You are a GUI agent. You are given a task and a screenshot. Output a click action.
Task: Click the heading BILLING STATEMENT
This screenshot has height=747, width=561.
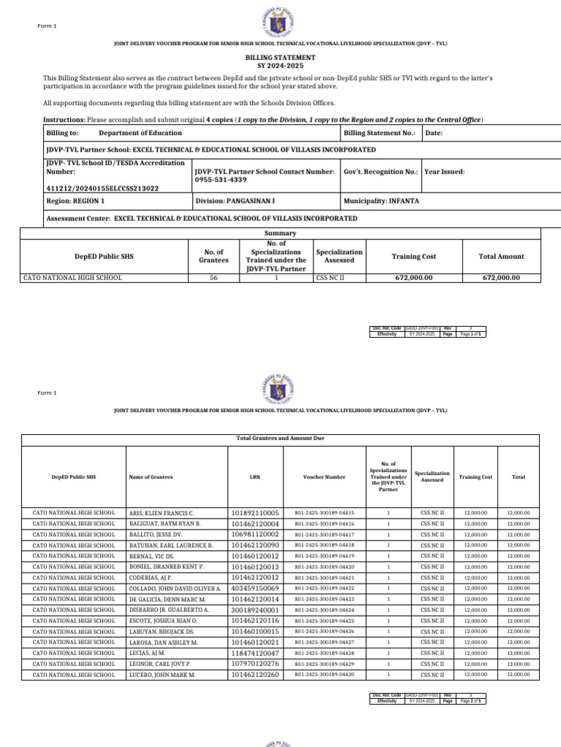point(280,57)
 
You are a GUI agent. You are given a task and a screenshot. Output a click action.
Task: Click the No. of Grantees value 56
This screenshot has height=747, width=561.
point(213,278)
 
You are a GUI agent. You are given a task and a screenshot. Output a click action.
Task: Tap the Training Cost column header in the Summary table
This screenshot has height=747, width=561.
point(413,256)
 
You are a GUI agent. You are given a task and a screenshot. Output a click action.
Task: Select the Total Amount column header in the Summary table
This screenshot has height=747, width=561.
point(501,256)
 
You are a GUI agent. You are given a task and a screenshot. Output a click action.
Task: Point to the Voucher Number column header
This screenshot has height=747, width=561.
point(324,477)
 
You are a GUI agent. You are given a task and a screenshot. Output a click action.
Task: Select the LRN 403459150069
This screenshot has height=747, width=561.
point(255,588)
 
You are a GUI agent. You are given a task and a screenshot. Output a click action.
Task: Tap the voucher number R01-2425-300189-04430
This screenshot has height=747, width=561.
point(324,675)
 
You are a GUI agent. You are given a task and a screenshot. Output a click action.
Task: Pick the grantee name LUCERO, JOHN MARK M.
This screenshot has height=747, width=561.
point(162,675)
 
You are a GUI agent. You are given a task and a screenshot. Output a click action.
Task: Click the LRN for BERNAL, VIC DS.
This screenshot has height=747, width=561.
point(255,556)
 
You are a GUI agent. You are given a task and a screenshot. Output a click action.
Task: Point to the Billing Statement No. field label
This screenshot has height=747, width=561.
point(379,133)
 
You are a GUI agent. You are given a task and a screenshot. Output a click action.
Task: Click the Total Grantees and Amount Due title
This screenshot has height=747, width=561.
point(280,438)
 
